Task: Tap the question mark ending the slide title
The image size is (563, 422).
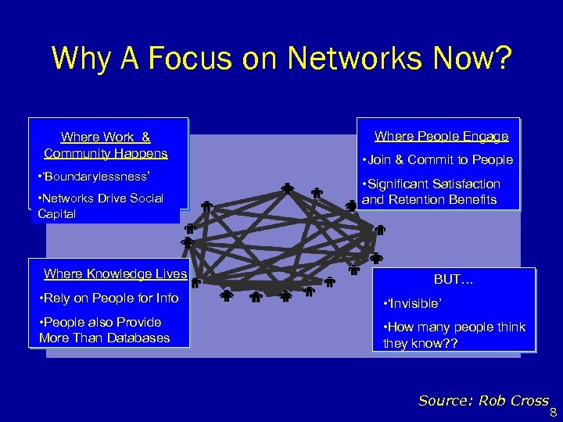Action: pos(503,58)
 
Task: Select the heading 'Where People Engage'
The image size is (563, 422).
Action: pos(441,137)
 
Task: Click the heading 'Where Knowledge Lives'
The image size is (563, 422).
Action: pos(115,274)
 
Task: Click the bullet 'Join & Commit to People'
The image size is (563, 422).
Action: pos(437,160)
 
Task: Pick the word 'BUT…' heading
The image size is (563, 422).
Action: pos(454,279)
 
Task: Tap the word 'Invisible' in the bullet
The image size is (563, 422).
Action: pos(414,303)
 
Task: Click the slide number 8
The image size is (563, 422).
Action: pos(553,413)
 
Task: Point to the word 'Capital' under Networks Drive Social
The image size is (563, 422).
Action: pos(56,213)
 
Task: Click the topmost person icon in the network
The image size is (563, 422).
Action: pos(288,188)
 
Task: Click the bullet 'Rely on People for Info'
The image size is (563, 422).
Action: pos(109,299)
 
